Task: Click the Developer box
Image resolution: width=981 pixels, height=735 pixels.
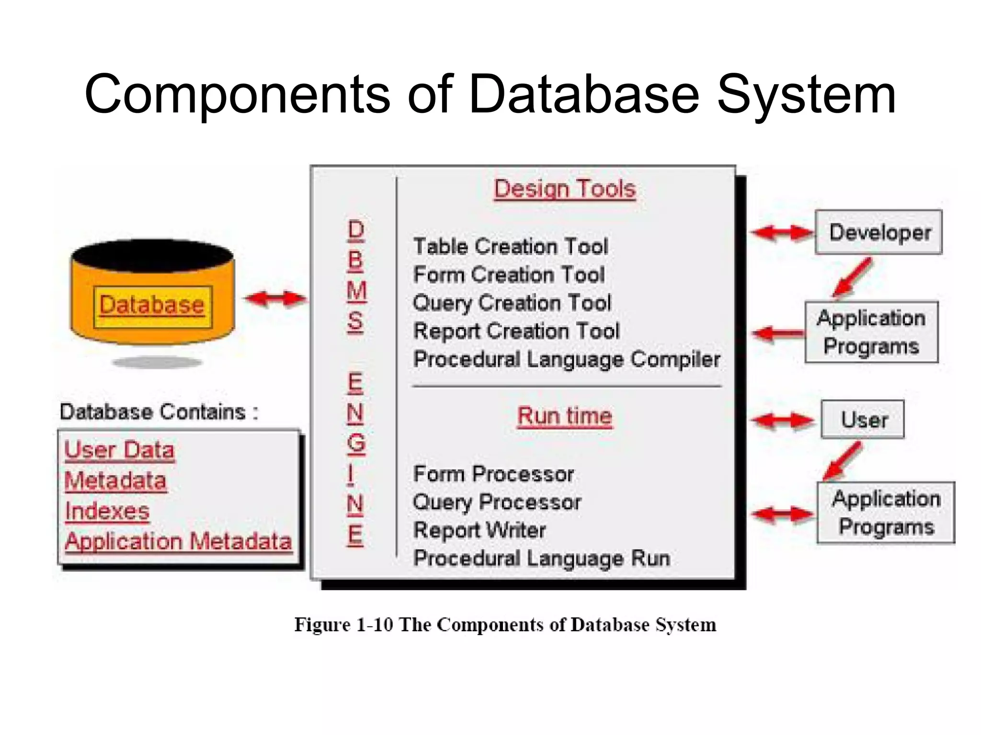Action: [x=878, y=233]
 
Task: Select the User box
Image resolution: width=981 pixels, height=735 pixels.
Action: [x=863, y=420]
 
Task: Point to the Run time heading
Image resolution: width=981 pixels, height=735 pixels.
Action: [x=565, y=416]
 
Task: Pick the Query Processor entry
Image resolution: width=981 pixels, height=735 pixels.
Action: [x=497, y=502]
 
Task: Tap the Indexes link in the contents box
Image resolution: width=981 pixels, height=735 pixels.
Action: [x=107, y=511]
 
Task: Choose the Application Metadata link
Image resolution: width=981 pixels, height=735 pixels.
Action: [x=178, y=542]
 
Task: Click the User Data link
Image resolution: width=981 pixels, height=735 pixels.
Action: [x=119, y=450]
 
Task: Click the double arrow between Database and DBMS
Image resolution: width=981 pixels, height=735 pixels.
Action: [x=275, y=299]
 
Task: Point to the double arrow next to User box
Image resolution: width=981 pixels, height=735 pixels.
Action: [x=782, y=421]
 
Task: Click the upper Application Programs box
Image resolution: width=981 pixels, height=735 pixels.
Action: [x=871, y=332]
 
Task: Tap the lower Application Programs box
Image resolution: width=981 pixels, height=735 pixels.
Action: [x=886, y=512]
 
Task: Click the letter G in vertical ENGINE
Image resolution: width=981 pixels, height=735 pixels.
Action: [x=356, y=444]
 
